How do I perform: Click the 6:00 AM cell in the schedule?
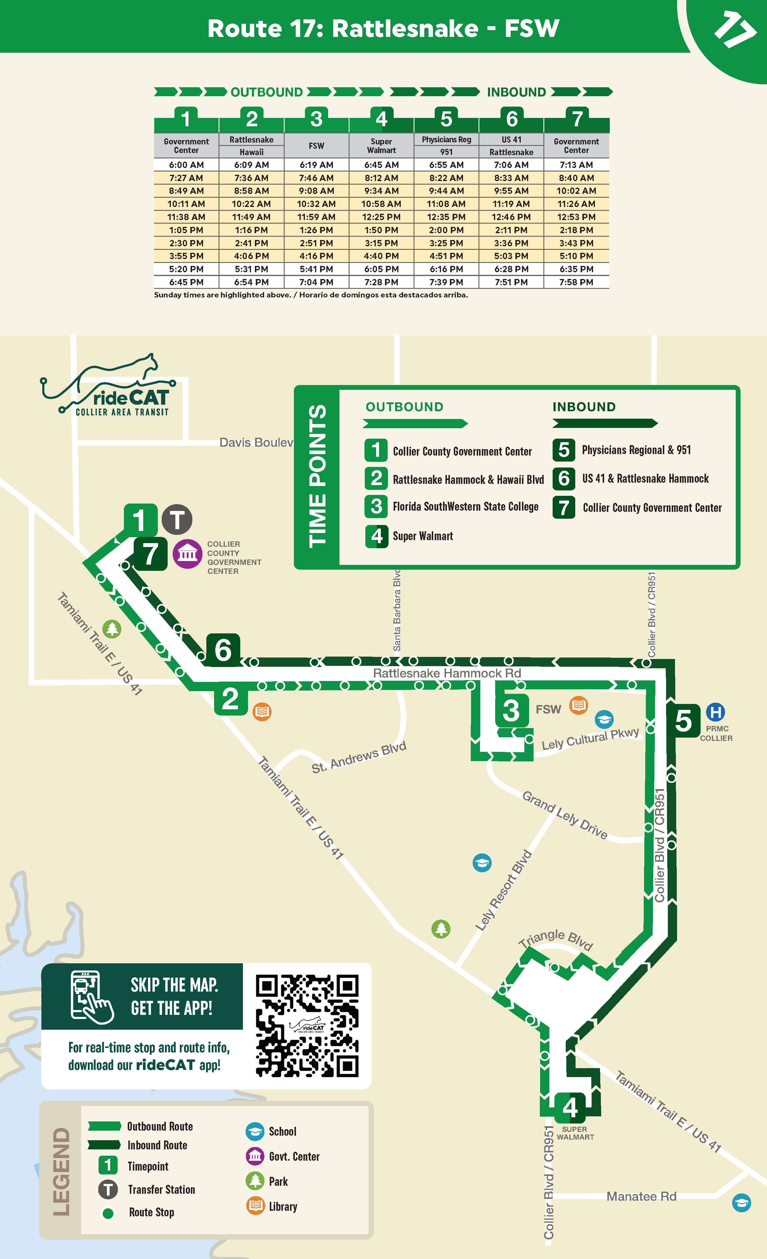[186, 165]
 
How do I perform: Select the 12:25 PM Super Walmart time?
[381, 217]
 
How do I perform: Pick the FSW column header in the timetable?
[316, 146]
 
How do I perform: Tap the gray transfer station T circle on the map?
[177, 520]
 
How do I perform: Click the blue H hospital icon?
[715, 712]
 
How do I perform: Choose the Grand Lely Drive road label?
[565, 815]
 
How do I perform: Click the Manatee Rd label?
[641, 1196]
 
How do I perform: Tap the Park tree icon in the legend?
[255, 1181]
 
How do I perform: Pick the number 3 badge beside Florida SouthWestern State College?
[376, 506]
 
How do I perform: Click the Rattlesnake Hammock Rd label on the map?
[447, 673]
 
